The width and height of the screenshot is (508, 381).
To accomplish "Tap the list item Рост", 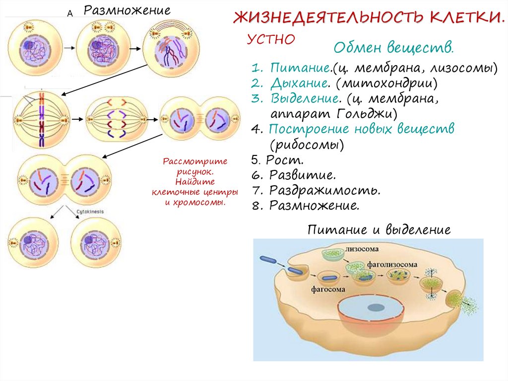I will (284, 160).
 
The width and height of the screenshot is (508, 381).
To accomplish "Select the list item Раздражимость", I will (325, 190).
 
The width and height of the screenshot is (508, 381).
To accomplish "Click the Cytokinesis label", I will (90, 212).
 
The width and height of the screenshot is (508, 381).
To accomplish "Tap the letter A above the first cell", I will (70, 14).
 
